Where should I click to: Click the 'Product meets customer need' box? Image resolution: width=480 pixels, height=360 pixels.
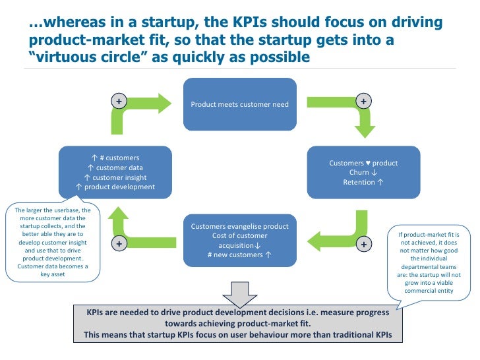(x=239, y=104)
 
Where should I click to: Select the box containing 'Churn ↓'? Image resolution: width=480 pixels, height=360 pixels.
(x=363, y=172)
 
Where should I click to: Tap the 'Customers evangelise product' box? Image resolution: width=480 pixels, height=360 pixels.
(x=239, y=239)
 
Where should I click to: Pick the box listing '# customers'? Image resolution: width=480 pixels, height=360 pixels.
(x=115, y=172)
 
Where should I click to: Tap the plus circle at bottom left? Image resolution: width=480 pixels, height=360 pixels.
(x=119, y=243)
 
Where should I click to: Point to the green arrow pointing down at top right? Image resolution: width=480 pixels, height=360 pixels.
(x=343, y=115)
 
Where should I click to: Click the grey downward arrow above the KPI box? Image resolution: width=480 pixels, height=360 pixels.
(x=239, y=291)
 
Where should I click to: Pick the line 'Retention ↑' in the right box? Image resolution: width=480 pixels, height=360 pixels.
(x=363, y=182)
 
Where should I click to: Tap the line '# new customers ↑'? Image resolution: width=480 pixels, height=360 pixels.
(x=239, y=255)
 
